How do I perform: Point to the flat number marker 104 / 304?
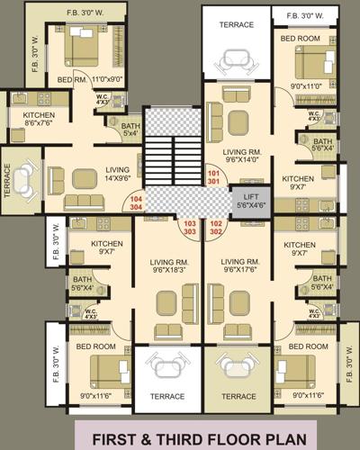[136, 202]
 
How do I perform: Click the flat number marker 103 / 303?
[190, 227]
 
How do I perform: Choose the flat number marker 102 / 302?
[216, 227]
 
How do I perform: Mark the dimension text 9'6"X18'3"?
[168, 267]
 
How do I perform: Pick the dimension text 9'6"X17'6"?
[239, 267]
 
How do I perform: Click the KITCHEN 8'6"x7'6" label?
[33, 121]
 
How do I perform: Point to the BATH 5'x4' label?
[130, 130]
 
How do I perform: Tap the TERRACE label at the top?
[235, 26]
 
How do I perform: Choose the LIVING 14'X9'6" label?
[116, 173]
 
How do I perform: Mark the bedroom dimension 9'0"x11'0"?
[299, 86]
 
